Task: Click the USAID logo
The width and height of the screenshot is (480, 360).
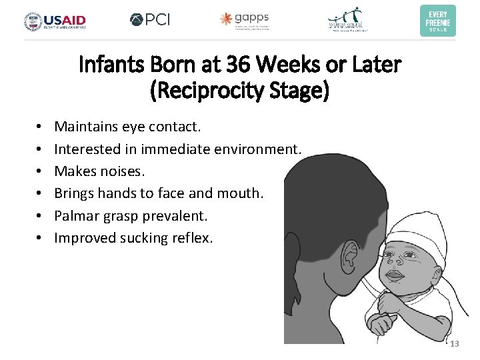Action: pyautogui.click(x=55, y=21)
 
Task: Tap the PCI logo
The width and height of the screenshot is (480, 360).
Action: pyautogui.click(x=150, y=19)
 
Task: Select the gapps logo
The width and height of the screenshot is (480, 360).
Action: pyautogui.click(x=245, y=20)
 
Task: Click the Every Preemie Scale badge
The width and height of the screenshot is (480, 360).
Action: pyautogui.click(x=437, y=20)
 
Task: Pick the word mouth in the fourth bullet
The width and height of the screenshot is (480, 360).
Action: pyautogui.click(x=243, y=193)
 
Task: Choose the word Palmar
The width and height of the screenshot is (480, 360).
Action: pyautogui.click(x=77, y=216)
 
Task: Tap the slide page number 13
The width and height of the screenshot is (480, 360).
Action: pyautogui.click(x=455, y=344)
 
